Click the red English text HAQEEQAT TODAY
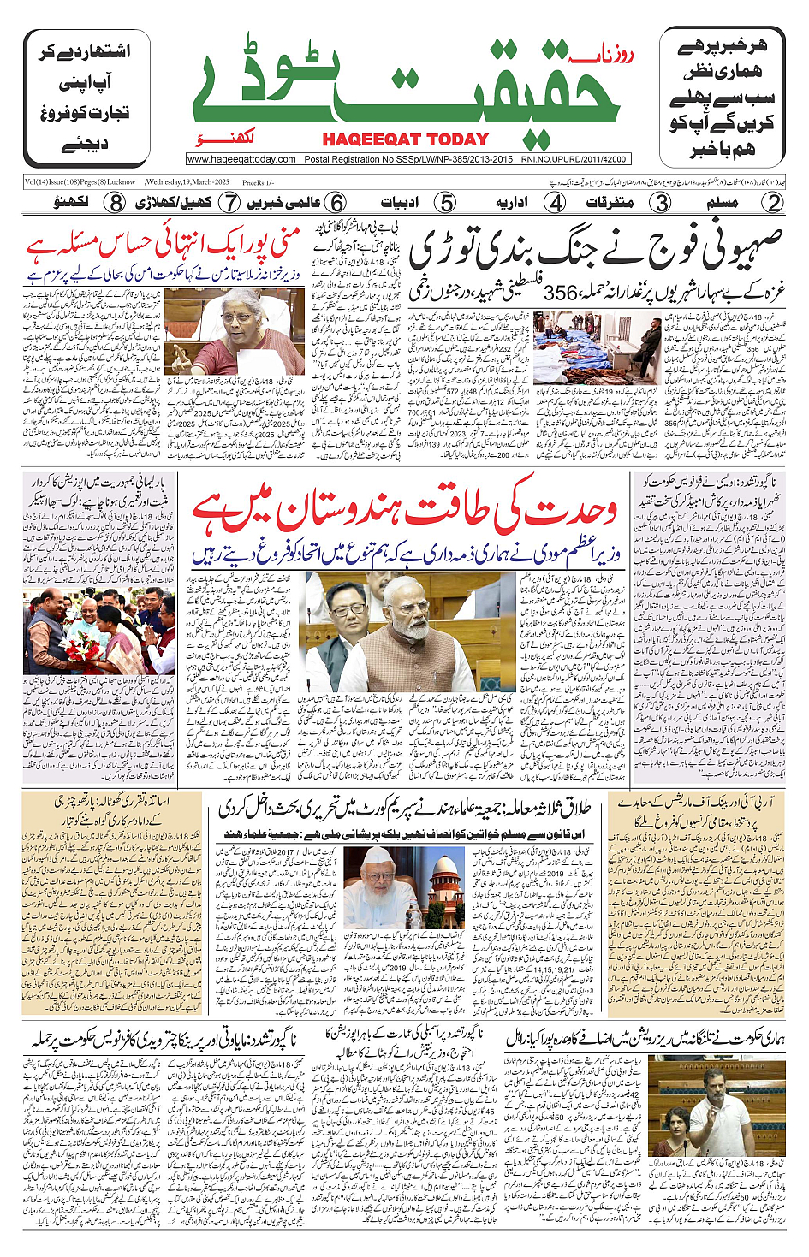point(405,139)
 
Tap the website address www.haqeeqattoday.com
point(241,159)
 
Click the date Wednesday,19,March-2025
point(187,182)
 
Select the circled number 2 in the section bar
point(773,203)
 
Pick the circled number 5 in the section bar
point(445,203)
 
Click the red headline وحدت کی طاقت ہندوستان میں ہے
point(404,511)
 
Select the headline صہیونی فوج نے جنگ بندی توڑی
point(596,249)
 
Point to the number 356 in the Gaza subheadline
point(562,292)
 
